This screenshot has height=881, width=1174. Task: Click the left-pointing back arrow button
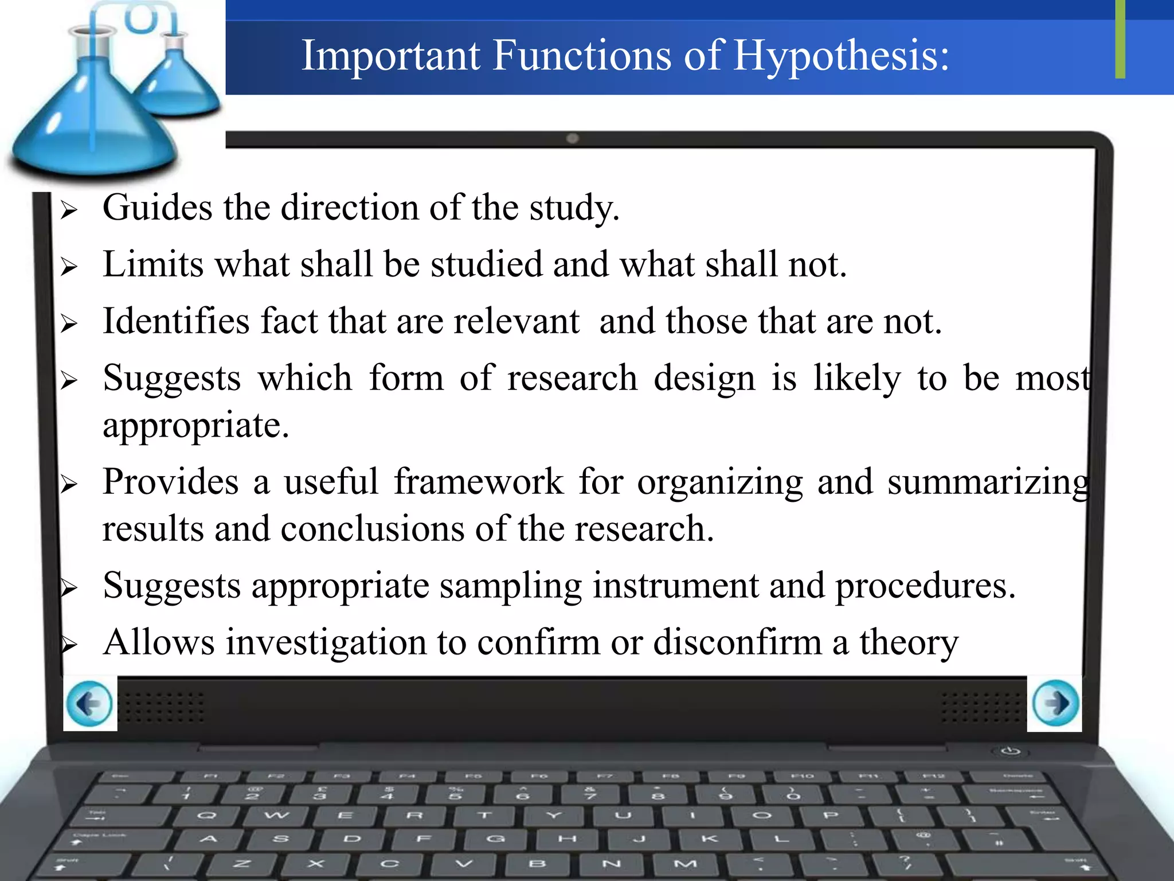(x=89, y=703)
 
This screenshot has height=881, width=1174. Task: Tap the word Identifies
(x=176, y=321)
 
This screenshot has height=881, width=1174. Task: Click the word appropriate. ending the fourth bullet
(x=195, y=426)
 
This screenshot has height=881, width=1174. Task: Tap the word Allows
(x=159, y=642)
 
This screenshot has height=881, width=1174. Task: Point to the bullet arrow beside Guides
(x=69, y=210)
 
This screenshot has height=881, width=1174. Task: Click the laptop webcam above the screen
(x=572, y=138)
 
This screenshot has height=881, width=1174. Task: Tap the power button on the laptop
(x=1009, y=751)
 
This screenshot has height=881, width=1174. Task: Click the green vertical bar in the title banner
(x=1120, y=39)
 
